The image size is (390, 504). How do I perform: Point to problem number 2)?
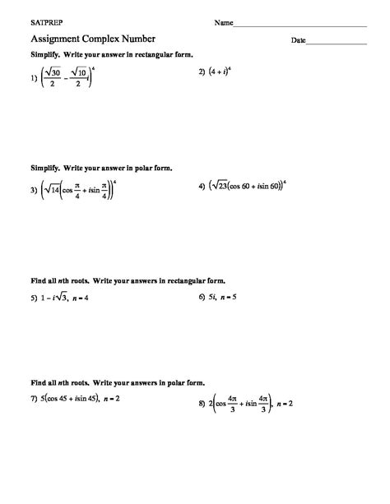click(203, 72)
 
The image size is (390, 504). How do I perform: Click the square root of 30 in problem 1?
click(55, 72)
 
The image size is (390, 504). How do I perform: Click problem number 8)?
click(202, 405)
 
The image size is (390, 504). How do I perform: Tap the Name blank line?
click(299, 25)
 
